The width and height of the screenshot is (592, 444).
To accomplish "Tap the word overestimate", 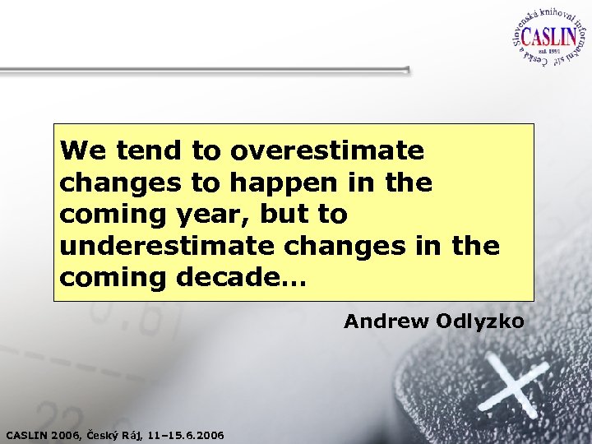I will pos(327,151).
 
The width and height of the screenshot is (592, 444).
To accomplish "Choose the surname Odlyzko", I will pos(480,321).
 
